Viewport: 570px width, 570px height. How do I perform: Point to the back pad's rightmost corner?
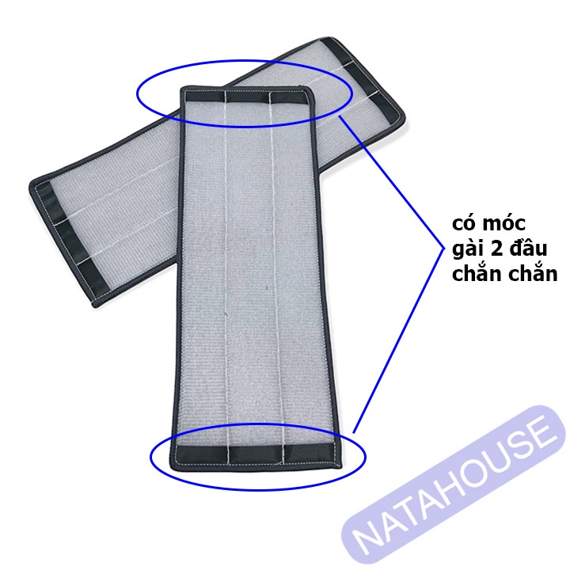[x=404, y=120]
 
